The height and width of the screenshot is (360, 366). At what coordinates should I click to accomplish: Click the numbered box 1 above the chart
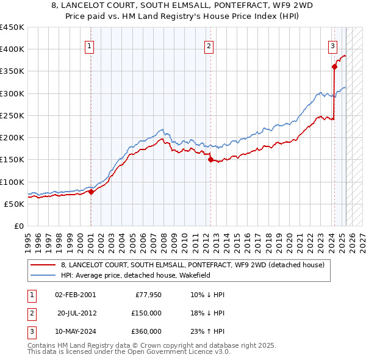point(90,45)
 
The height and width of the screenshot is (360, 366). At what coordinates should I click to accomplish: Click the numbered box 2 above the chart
point(209,45)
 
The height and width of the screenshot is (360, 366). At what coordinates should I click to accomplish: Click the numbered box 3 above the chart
point(332,45)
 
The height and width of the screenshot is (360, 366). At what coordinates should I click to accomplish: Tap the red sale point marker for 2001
point(91,192)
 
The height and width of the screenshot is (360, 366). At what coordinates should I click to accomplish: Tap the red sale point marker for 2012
point(210,160)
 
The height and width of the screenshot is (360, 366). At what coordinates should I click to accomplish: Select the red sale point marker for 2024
point(334,67)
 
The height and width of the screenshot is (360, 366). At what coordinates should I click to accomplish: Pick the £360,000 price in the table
point(147,331)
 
